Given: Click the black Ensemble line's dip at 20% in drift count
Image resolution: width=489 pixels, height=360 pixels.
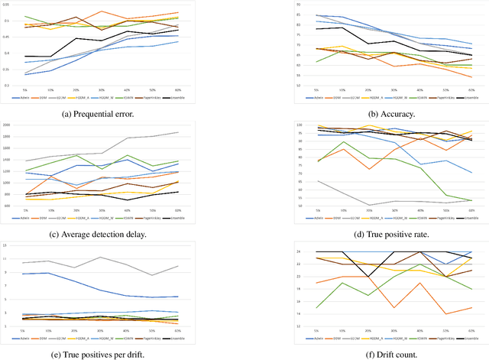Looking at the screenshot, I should (x=345, y=277).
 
